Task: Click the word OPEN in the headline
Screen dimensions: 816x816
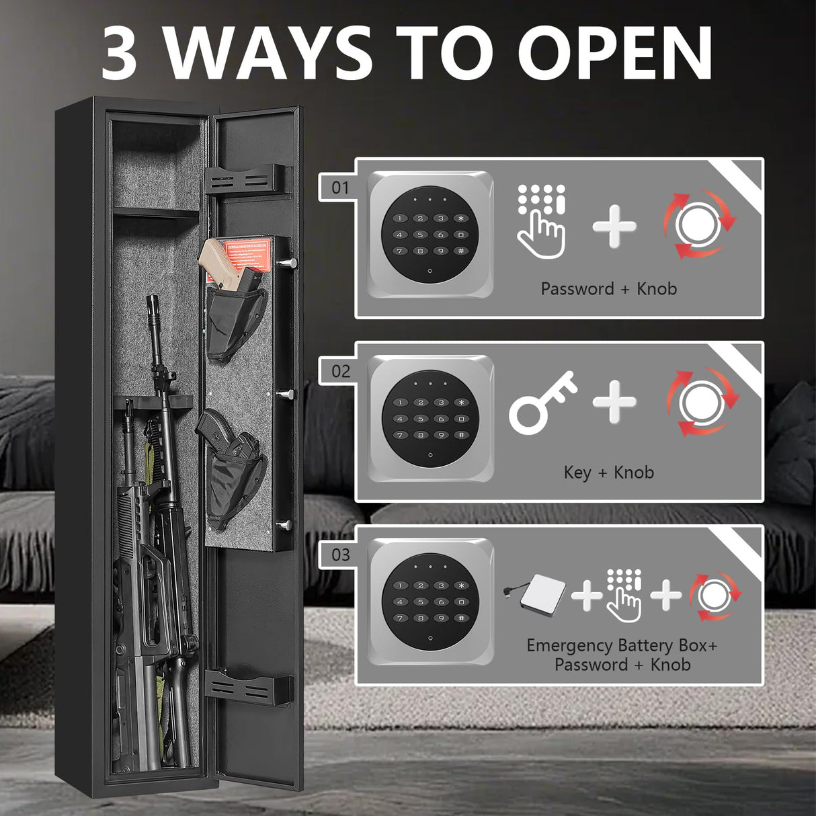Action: [614, 53]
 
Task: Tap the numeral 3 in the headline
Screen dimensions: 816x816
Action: [120, 54]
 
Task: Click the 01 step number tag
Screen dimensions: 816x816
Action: [341, 188]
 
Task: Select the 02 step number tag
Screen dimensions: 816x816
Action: [341, 371]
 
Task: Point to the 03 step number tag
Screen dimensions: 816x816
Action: [341, 555]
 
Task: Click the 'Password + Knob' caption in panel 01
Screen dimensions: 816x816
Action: [608, 289]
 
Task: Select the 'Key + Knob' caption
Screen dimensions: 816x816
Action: [608, 473]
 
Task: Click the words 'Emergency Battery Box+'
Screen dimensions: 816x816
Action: [622, 645]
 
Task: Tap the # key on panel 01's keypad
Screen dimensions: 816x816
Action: [460, 251]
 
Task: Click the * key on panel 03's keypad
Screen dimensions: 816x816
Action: [461, 585]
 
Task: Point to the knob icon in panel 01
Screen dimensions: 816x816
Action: [699, 225]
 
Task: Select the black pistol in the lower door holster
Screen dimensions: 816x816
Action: [225, 436]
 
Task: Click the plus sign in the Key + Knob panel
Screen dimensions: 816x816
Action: [614, 402]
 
